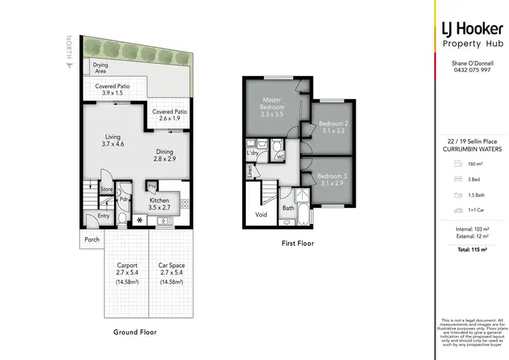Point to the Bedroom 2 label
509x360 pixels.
[x=333, y=128]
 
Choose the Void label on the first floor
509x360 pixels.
[x=261, y=214]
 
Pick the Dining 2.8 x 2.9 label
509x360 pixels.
[x=164, y=156]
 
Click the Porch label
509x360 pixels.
[x=92, y=240]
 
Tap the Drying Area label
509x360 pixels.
[x=100, y=68]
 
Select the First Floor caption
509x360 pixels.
[x=297, y=242]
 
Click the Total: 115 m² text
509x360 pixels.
[x=471, y=252]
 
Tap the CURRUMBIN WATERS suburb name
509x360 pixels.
[x=471, y=149]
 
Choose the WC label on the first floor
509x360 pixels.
[x=280, y=157]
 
